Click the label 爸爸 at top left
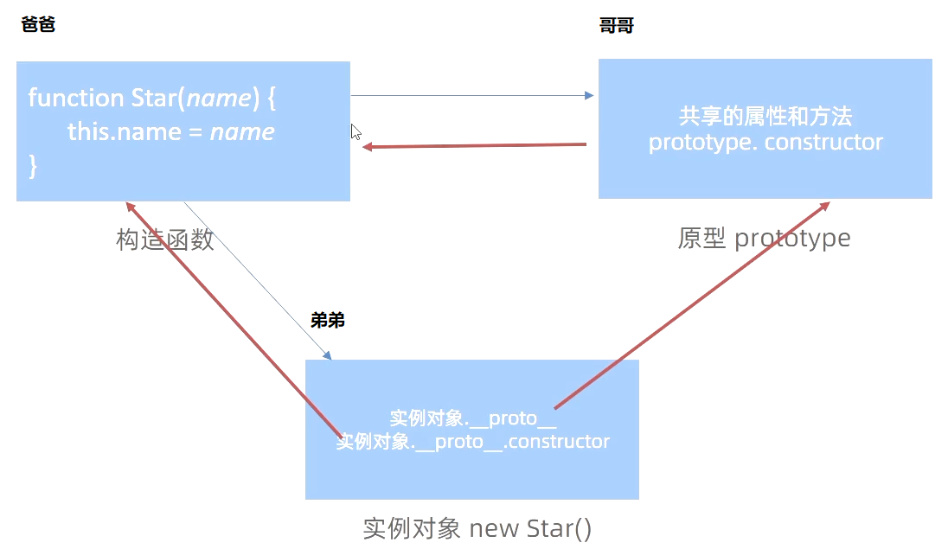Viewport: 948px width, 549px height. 37,25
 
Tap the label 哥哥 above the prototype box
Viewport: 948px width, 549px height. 616,26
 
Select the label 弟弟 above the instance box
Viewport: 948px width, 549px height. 328,321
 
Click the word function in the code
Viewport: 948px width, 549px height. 76,98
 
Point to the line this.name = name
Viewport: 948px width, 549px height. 170,132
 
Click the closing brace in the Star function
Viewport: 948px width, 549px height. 33,166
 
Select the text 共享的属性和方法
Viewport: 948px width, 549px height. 765,117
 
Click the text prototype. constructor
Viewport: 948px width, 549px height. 765,142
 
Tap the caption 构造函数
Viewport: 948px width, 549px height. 164,239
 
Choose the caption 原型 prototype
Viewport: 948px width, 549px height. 764,238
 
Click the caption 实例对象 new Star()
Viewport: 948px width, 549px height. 477,527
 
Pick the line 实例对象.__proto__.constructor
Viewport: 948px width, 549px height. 472,442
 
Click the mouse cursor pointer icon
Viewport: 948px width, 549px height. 355,131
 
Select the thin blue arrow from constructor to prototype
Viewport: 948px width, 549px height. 471,95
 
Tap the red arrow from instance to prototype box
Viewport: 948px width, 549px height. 692,304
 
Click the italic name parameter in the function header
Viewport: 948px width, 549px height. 218,98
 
